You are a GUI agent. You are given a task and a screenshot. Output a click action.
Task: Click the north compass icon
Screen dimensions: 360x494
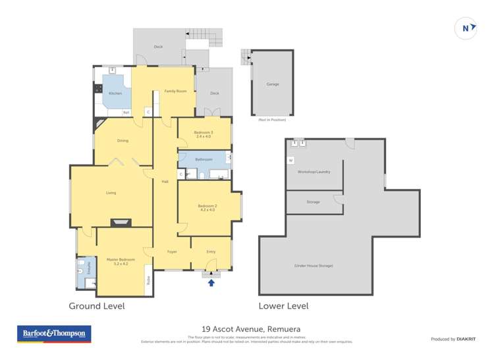pos(466,28)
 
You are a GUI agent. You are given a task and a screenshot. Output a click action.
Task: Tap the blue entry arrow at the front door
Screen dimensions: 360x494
pos(211,282)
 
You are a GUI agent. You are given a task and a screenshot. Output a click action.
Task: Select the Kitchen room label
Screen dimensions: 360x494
pos(115,93)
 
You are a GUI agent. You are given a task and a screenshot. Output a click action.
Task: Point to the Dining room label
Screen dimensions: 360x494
pos(123,141)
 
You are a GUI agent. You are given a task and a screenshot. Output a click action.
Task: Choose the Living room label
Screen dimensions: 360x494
pos(111,193)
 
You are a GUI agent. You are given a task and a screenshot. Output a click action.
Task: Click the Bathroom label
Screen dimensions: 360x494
pos(204,159)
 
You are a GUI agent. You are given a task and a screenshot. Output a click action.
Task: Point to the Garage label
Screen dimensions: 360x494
pos(272,85)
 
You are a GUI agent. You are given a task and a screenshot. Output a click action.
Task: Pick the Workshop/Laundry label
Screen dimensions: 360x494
pos(314,172)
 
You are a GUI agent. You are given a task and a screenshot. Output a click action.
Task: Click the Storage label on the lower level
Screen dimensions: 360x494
pos(313,202)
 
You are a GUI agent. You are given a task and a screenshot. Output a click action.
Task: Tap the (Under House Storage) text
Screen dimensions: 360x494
pos(314,265)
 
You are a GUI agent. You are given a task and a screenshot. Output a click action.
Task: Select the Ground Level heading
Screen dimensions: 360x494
pos(97,306)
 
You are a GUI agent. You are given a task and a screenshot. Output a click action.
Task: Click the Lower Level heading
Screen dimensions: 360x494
pos(283,306)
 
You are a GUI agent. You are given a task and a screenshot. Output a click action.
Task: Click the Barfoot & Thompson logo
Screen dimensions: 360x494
pos(54,334)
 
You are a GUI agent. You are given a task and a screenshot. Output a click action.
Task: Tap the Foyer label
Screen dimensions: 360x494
pos(171,251)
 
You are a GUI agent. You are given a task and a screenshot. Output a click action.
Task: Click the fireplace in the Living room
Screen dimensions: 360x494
pos(120,222)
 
